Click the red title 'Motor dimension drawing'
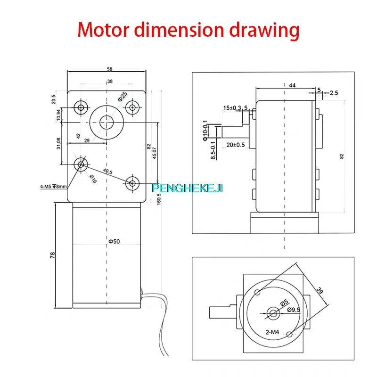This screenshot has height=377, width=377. (188, 29)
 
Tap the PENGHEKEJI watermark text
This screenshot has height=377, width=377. (188, 188)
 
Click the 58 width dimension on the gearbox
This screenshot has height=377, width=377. (110, 69)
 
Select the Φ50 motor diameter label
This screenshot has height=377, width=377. (114, 242)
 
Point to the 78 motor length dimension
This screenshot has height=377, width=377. (53, 255)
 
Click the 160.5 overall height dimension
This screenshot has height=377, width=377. (159, 200)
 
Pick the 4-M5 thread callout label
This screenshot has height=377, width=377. (54, 186)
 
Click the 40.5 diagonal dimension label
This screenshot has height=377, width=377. (107, 171)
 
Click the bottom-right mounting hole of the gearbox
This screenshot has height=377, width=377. (133, 182)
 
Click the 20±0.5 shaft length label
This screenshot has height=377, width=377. (236, 145)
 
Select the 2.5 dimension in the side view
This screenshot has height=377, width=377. (334, 93)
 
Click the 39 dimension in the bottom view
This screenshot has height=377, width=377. (320, 291)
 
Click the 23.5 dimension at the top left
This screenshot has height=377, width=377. (53, 99)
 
